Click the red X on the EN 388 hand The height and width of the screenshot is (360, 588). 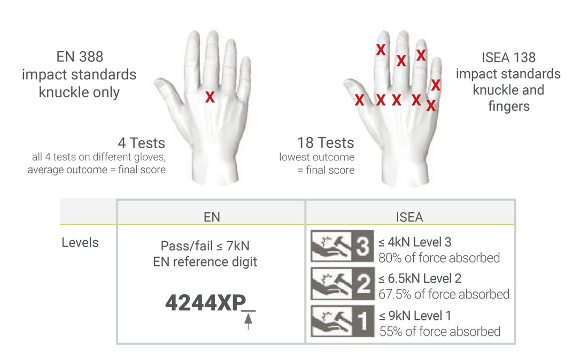click(x=210, y=97)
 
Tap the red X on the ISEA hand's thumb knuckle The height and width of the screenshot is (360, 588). click(x=359, y=100)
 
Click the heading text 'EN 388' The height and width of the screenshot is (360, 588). click(x=80, y=57)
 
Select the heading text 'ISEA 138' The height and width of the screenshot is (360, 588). click(x=508, y=57)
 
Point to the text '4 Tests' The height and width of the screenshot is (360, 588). click(x=141, y=143)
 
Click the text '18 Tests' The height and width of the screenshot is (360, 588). click(x=326, y=143)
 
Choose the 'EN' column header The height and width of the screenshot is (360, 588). click(x=212, y=217)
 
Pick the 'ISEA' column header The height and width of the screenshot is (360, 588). click(x=409, y=217)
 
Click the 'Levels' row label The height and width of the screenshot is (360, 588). click(x=80, y=242)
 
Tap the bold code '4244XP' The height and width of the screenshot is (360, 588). click(x=205, y=303)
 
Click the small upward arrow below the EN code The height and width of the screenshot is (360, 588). click(x=248, y=321)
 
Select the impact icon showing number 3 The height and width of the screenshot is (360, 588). click(x=342, y=246)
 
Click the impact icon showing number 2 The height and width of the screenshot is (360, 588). click(x=342, y=284)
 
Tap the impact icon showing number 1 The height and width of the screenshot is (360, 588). click(x=342, y=321)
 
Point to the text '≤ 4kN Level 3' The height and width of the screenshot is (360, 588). click(x=415, y=242)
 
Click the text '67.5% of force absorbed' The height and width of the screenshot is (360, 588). click(x=444, y=294)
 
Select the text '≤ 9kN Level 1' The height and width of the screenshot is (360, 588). click(x=415, y=316)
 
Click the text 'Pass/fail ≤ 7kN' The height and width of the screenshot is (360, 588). click(x=205, y=246)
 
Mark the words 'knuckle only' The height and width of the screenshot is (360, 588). click(x=79, y=93)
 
